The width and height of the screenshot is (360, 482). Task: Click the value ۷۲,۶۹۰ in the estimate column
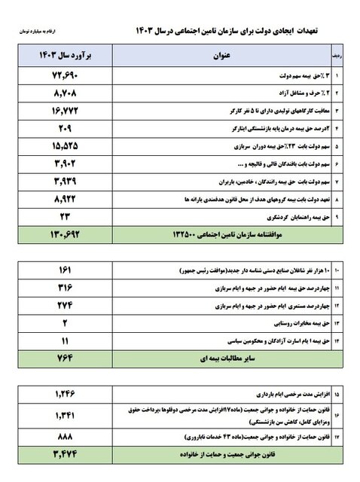(61, 76)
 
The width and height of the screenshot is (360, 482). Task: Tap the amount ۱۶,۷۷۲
(61, 111)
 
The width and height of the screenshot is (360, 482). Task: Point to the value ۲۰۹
(61, 128)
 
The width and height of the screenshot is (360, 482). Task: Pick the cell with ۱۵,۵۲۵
(61, 145)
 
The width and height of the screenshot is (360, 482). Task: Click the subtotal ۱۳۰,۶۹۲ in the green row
(61, 235)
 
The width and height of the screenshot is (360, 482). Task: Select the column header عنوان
(220, 56)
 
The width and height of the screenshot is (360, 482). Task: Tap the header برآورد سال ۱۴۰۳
(61, 56)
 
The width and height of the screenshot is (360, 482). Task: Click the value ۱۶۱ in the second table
(61, 270)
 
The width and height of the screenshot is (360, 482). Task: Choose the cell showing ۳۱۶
(61, 288)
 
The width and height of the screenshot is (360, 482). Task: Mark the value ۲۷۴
(61, 305)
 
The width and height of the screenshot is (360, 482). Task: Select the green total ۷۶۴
(61, 358)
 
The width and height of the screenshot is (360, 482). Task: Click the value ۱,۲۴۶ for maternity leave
(61, 393)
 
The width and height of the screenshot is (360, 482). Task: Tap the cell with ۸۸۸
(61, 436)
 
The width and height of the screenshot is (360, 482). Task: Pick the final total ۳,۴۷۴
(61, 454)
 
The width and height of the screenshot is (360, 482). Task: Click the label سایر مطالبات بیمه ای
(218, 358)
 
